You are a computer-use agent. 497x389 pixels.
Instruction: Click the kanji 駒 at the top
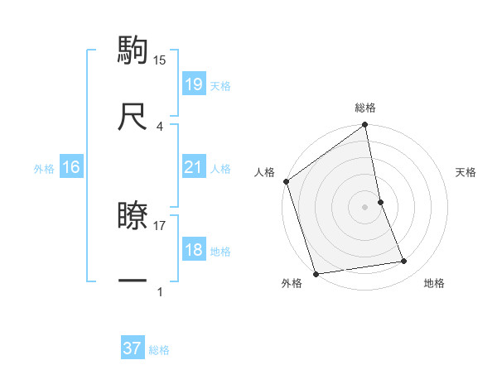133,50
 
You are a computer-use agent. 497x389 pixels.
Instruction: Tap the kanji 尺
133,117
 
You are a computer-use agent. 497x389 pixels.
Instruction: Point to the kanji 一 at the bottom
133,281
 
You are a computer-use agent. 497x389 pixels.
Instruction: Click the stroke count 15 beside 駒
160,60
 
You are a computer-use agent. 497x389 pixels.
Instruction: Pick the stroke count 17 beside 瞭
160,224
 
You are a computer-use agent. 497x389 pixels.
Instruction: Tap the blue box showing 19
194,84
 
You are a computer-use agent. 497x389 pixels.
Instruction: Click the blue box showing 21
194,167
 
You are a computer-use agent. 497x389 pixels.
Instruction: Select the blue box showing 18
194,250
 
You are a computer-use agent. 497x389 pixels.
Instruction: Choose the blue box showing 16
71,167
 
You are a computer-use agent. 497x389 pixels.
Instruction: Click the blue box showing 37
133,348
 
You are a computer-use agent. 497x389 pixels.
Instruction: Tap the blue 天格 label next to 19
220,86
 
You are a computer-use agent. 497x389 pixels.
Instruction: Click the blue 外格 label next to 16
44,169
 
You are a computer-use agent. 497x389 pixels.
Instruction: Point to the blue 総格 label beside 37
159,350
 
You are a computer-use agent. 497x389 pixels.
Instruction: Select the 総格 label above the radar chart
365,108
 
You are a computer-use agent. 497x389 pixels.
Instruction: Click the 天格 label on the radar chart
466,172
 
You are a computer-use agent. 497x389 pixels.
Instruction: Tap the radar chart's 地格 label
434,284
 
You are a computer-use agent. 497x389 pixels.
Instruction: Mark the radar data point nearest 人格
287,182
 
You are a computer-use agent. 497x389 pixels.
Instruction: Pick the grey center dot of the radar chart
365,206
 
